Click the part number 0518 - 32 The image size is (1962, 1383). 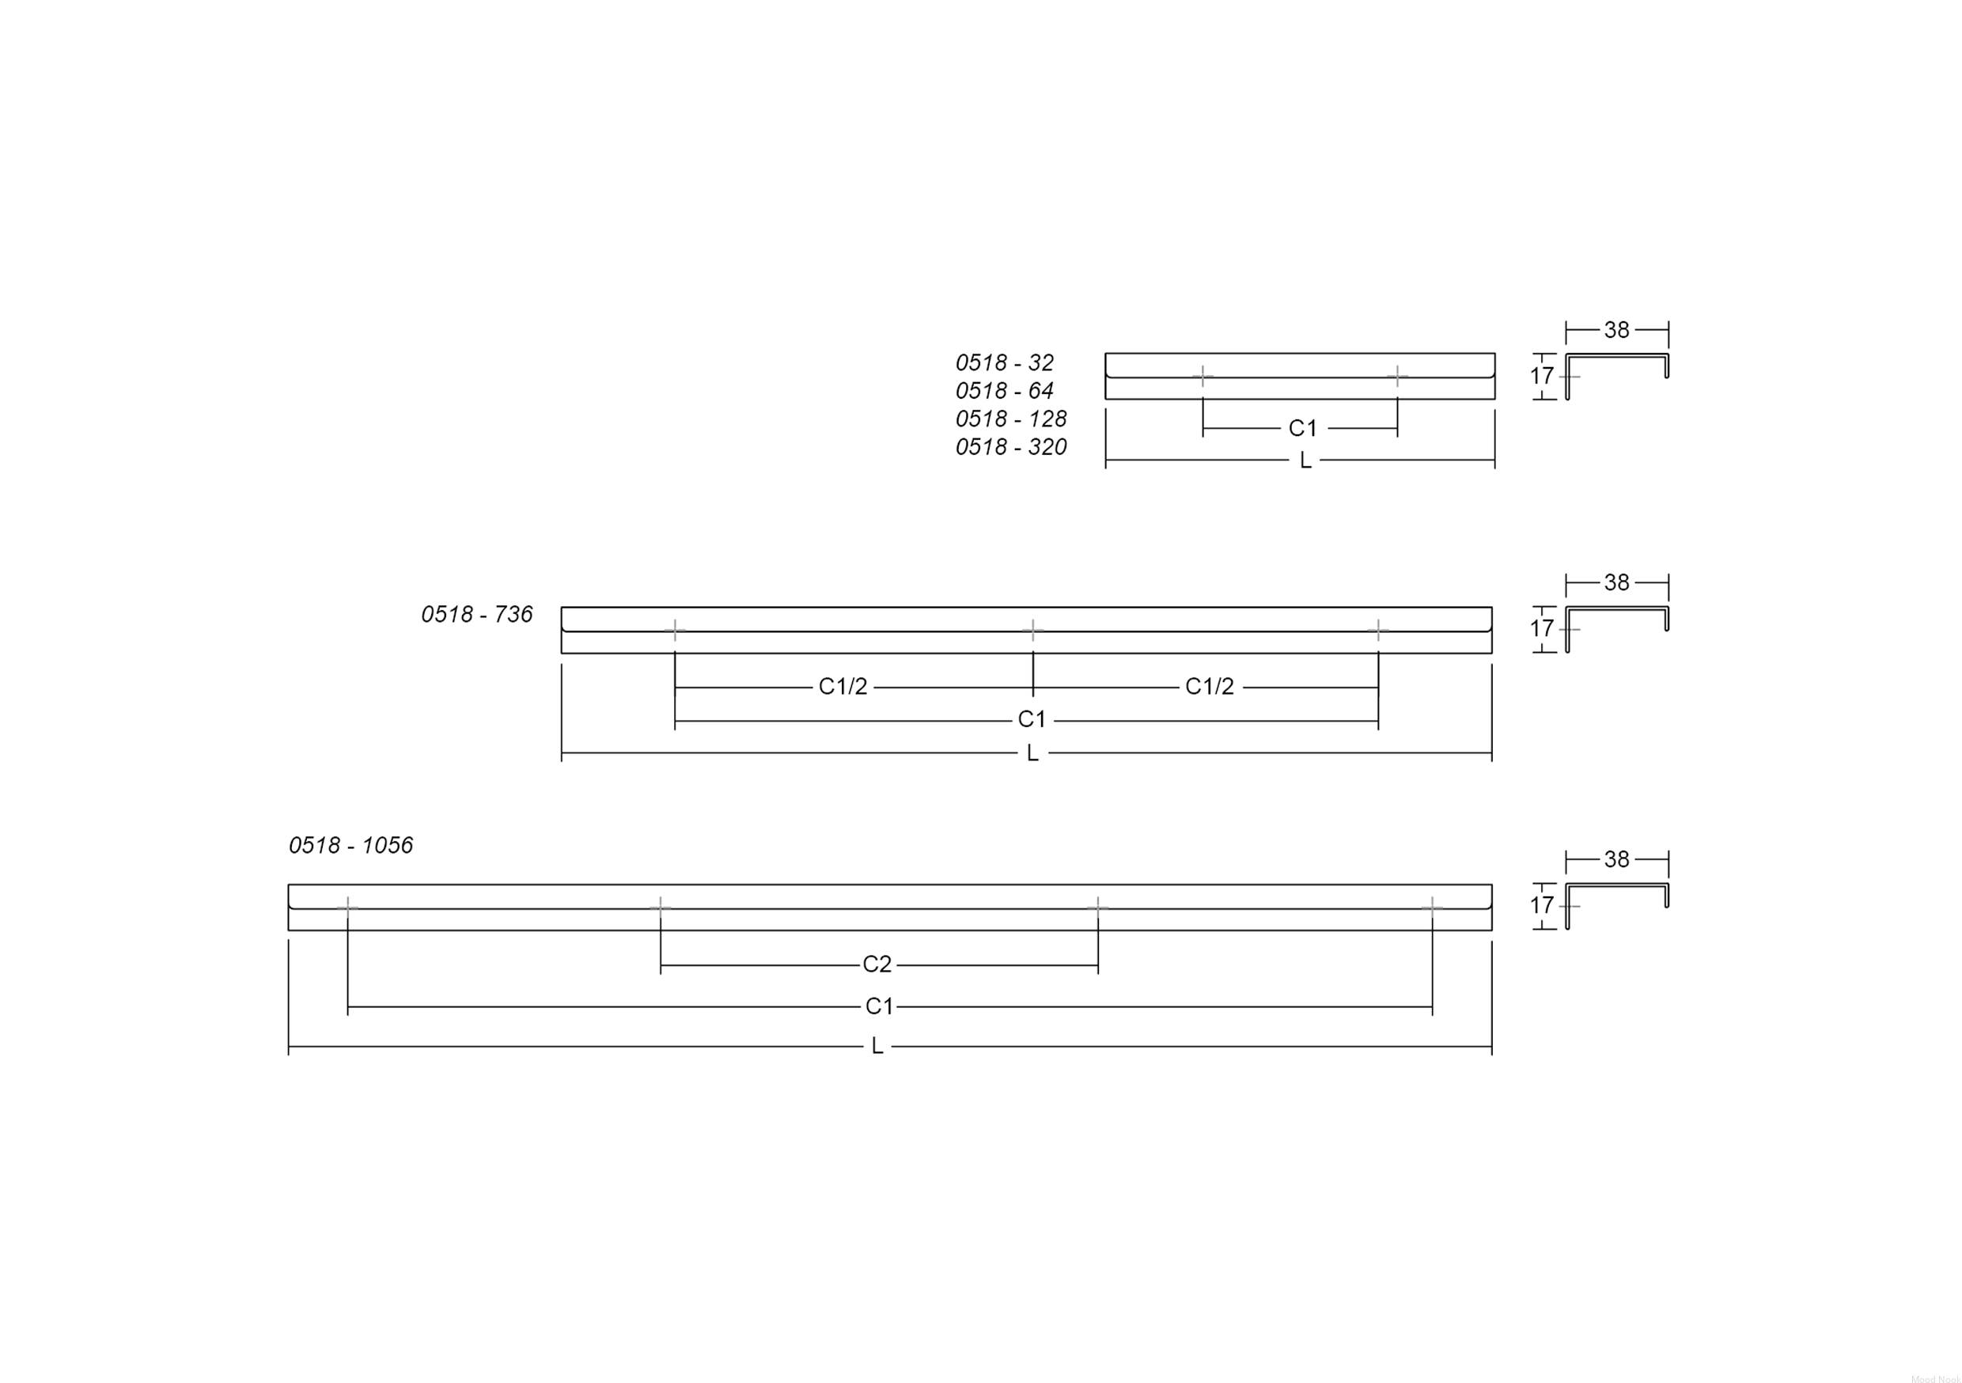pos(1004,362)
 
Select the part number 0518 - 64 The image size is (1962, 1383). pos(1004,391)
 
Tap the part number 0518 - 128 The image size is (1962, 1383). pos(1011,419)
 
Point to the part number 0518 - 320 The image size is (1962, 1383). pos(1011,447)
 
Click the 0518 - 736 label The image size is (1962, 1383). pos(477,615)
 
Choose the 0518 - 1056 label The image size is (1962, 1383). pos(350,845)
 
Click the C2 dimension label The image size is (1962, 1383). pos(877,964)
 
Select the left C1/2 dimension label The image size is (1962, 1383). pos(843,687)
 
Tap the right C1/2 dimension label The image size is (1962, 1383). pos(1209,687)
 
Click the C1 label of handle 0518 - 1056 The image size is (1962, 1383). pos(878,1006)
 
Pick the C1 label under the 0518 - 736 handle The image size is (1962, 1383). pos(1032,720)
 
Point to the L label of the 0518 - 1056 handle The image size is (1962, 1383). pos(877,1046)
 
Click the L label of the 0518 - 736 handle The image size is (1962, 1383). pos(1032,753)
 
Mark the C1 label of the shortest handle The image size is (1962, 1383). pos(1302,428)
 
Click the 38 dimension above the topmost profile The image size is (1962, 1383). pos(1616,330)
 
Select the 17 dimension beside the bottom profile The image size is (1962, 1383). pos(1542,906)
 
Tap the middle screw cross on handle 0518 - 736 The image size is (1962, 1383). pos(1033,631)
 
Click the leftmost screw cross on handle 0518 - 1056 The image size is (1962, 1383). pos(348,907)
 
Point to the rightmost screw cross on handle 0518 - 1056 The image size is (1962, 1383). pos(1432,907)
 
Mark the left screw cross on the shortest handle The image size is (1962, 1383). pos(1203,376)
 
